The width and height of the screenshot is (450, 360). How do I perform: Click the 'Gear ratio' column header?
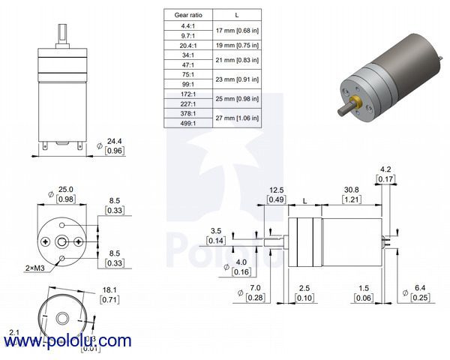click(x=187, y=14)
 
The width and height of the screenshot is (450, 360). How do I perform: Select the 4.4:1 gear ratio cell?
click(x=187, y=25)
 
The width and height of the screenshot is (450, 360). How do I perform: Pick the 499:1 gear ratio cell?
click(x=187, y=122)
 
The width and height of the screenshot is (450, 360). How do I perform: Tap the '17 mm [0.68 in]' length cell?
click(x=237, y=31)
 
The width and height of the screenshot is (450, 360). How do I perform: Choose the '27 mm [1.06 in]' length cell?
click(x=237, y=118)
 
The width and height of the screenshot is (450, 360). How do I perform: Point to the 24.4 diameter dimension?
click(x=114, y=140)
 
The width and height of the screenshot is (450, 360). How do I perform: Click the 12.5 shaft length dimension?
click(x=276, y=190)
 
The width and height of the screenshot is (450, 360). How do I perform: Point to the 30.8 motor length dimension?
click(x=351, y=190)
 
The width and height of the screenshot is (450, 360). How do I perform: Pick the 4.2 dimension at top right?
click(x=386, y=169)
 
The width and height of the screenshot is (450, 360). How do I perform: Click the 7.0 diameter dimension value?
click(x=253, y=288)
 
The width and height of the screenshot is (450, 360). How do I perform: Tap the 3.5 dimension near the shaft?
click(x=216, y=231)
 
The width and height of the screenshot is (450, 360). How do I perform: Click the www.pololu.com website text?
click(x=67, y=342)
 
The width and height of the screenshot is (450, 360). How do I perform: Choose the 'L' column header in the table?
click(x=237, y=14)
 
